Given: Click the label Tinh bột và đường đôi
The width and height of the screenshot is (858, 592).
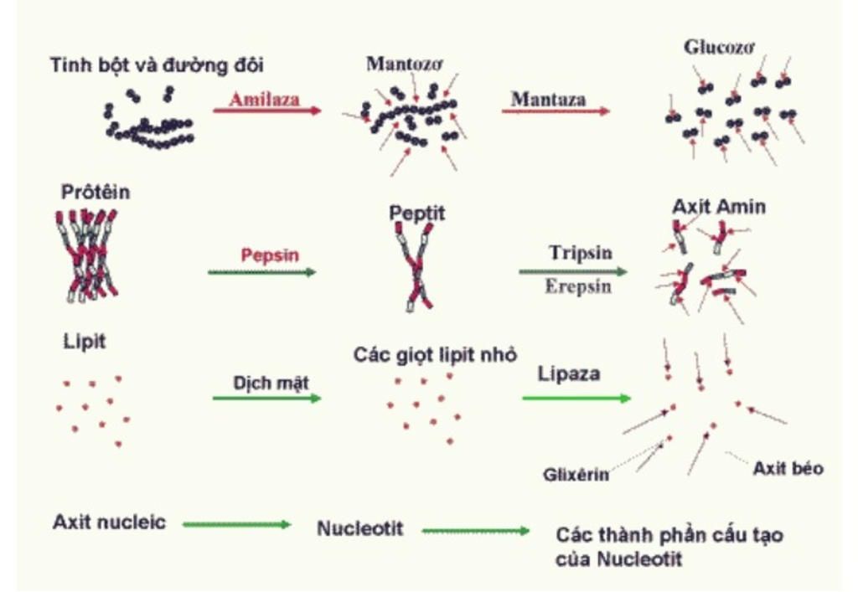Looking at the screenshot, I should pyautogui.click(x=162, y=64).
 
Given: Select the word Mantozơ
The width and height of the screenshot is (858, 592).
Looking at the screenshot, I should pyautogui.click(x=404, y=64).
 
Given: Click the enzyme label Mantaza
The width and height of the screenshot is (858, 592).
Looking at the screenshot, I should pyautogui.click(x=548, y=98).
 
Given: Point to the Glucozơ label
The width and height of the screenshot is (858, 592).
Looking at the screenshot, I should pyautogui.click(x=719, y=47).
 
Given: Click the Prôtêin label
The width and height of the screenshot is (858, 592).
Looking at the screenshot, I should pyautogui.click(x=96, y=193).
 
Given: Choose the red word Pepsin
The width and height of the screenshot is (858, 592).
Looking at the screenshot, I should pyautogui.click(x=270, y=255).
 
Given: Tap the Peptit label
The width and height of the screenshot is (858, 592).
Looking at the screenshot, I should pyautogui.click(x=417, y=214).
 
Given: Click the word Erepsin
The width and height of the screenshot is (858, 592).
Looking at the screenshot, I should pyautogui.click(x=578, y=286).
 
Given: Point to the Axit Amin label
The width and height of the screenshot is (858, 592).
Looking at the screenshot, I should pyautogui.click(x=718, y=207).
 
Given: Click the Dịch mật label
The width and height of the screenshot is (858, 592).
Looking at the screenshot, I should pyautogui.click(x=271, y=383).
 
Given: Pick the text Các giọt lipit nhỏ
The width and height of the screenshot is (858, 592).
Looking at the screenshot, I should pyautogui.click(x=435, y=354).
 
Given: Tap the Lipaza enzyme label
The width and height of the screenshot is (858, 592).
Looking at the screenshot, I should pyautogui.click(x=569, y=374).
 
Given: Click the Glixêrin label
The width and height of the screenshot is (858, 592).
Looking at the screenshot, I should pyautogui.click(x=576, y=475).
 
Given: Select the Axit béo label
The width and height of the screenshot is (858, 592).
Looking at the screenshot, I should pyautogui.click(x=788, y=468).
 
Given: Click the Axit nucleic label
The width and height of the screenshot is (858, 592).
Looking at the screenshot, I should pyautogui.click(x=109, y=523).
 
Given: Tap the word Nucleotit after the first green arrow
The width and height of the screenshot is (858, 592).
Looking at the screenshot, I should pyautogui.click(x=359, y=528).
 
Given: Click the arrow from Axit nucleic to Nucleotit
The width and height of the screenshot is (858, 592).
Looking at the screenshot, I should pyautogui.click(x=236, y=525).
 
